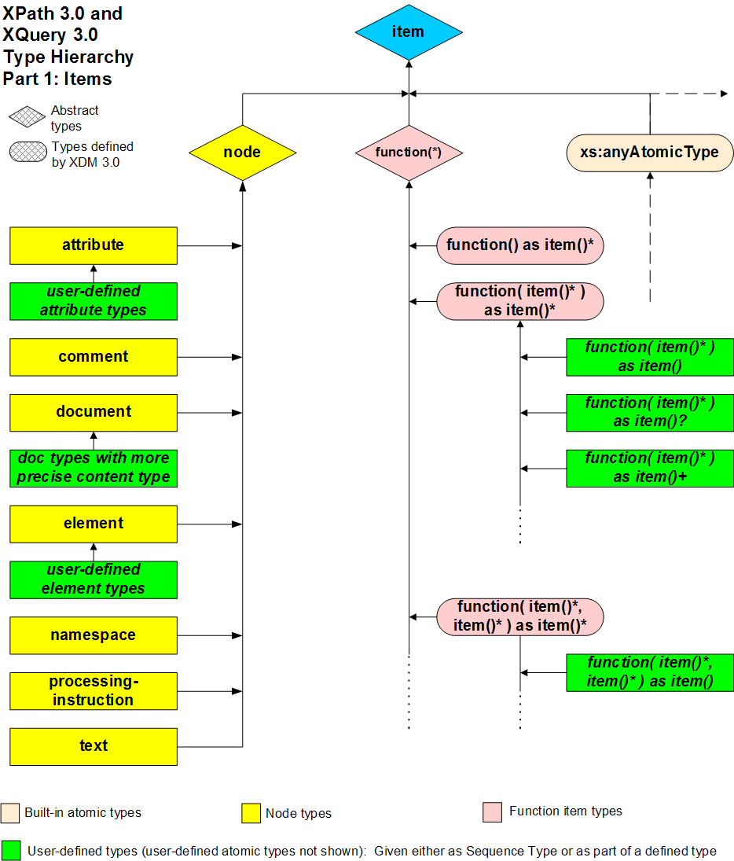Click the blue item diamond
pyautogui.click(x=408, y=32)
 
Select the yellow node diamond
pyautogui.click(x=242, y=152)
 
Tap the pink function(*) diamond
pyautogui.click(x=408, y=152)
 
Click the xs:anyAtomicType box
pyautogui.click(x=649, y=153)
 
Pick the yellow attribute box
pyautogui.click(x=94, y=245)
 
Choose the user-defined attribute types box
pyautogui.click(x=94, y=301)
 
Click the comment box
pyautogui.click(x=94, y=357)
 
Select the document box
pyautogui.click(x=94, y=412)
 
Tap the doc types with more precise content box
pyautogui.click(x=94, y=468)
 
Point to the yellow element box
pyautogui.click(x=94, y=524)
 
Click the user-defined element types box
pyautogui.click(x=94, y=580)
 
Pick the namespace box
pyautogui.click(x=94, y=635)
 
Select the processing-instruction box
pyautogui.click(x=94, y=691)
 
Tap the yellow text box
pyautogui.click(x=94, y=746)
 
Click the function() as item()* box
pyautogui.click(x=519, y=245)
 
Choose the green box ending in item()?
pyautogui.click(x=650, y=413)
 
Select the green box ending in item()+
pyautogui.click(x=650, y=468)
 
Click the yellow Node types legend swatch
pyautogui.click(x=251, y=813)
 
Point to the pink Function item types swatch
pyautogui.click(x=492, y=812)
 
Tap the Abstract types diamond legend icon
pyautogui.click(x=28, y=118)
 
